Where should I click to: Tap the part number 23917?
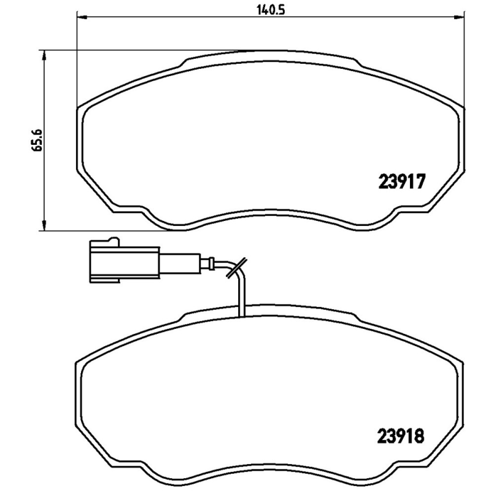click(x=400, y=182)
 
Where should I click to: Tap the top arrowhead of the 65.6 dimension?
click(x=44, y=56)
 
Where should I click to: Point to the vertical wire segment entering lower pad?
click(x=241, y=298)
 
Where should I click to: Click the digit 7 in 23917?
click(x=420, y=182)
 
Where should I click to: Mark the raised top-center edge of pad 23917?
click(x=270, y=54)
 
